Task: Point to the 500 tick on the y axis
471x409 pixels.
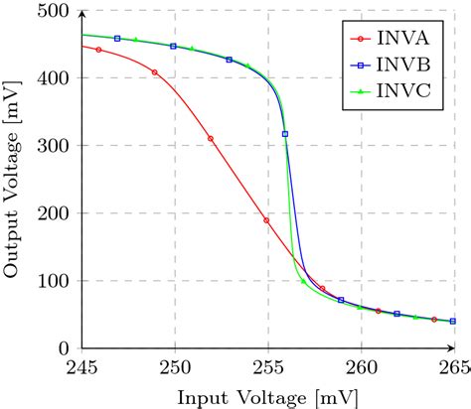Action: tap(56, 12)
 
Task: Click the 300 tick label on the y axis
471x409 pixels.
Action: tap(56, 146)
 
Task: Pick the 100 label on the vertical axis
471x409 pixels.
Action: tap(56, 281)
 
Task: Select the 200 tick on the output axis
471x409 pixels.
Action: tap(56, 213)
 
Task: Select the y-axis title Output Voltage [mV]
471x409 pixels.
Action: tap(14, 180)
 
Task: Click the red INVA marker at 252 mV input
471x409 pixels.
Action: tap(211, 139)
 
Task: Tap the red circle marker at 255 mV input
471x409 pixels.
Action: tap(266, 220)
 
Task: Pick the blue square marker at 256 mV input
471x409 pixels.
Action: tap(285, 134)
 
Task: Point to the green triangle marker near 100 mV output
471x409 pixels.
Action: tap(303, 281)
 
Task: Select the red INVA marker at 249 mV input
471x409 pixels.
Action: tap(155, 72)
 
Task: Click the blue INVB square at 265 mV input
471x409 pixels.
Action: tap(452, 322)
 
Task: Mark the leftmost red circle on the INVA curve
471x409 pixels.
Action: tap(98, 50)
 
